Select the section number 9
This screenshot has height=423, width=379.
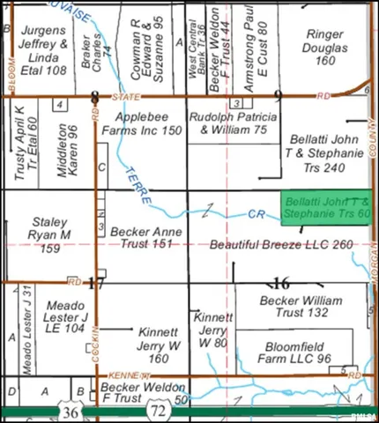click(278, 95)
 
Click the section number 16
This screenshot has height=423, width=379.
click(281, 283)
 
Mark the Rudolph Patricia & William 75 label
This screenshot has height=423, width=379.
click(234, 123)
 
